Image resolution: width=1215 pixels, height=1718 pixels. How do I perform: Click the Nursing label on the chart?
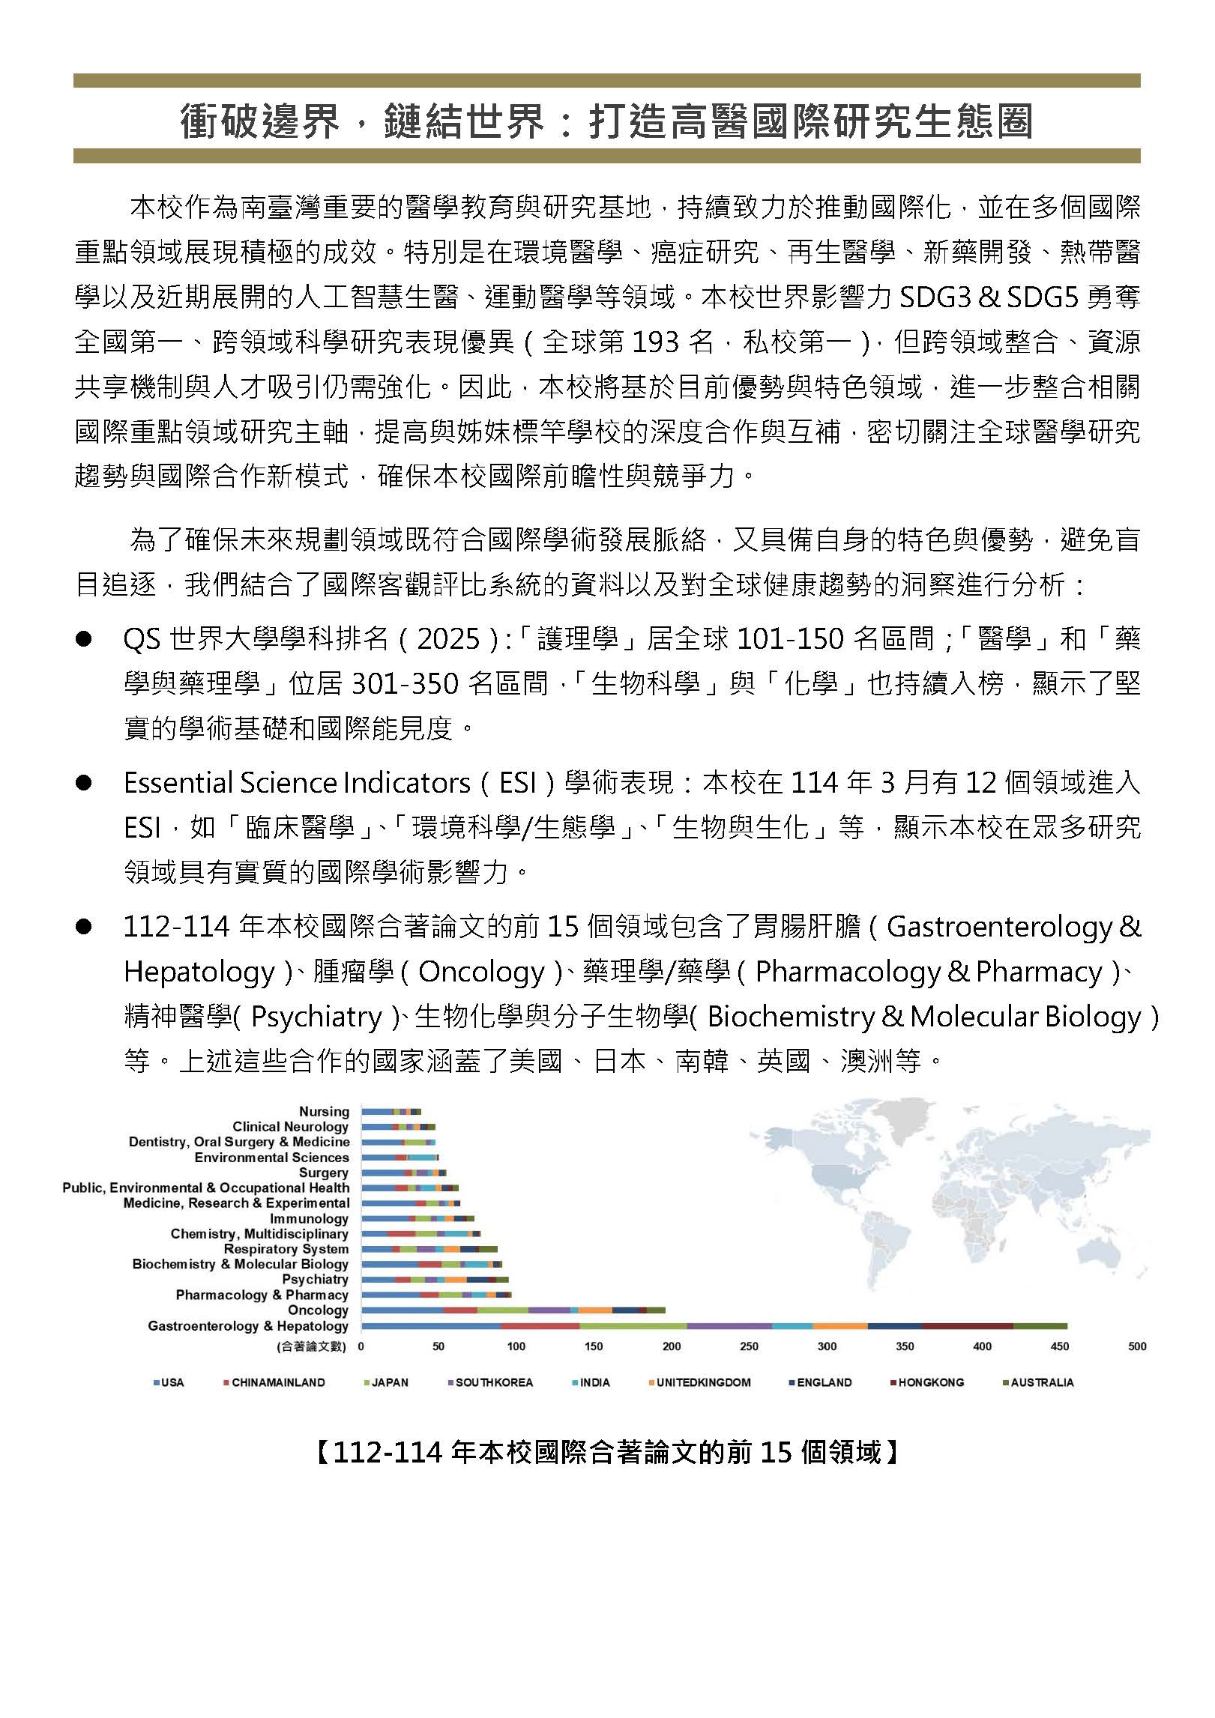click(324, 1111)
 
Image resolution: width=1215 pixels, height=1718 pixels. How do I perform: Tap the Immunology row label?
click(309, 1218)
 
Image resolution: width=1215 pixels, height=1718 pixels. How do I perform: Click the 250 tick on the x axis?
click(749, 1346)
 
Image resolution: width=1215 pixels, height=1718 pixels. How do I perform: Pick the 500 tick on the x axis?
click(1136, 1346)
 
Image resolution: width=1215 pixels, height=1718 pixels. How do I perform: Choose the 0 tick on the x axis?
click(361, 1346)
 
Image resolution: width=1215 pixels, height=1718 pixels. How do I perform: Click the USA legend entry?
click(172, 1382)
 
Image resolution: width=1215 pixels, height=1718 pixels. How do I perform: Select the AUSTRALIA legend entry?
click(1041, 1382)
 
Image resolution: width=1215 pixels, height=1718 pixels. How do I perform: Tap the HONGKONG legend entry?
click(930, 1382)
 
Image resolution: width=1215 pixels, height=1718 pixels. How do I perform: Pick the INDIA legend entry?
click(594, 1382)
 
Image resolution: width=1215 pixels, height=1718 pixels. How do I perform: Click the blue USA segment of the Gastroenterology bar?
click(431, 1325)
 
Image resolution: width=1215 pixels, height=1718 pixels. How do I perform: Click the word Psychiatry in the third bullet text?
click(316, 1017)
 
